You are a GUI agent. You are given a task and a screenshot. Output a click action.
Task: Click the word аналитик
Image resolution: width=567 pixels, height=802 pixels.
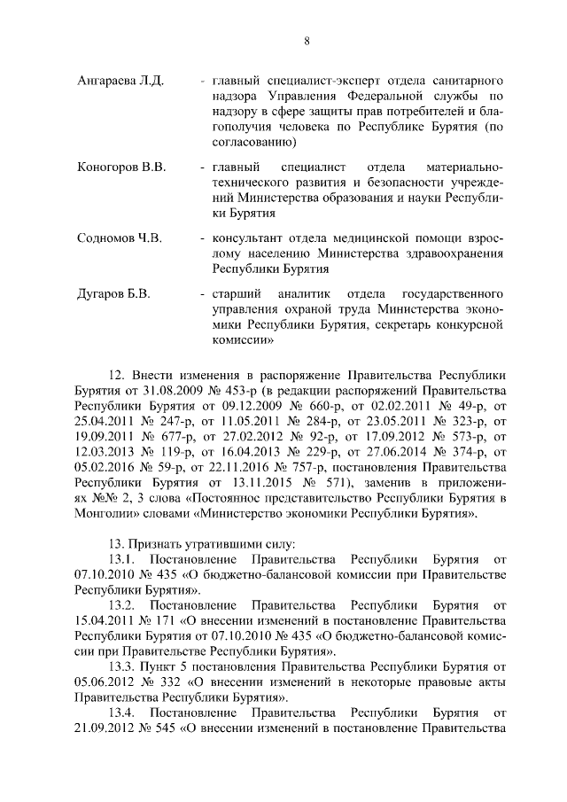(x=307, y=293)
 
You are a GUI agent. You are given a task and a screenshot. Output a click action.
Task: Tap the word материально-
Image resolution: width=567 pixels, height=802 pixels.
(x=464, y=167)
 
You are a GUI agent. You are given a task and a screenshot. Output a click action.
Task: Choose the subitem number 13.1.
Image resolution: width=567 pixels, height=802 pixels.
(x=121, y=558)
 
